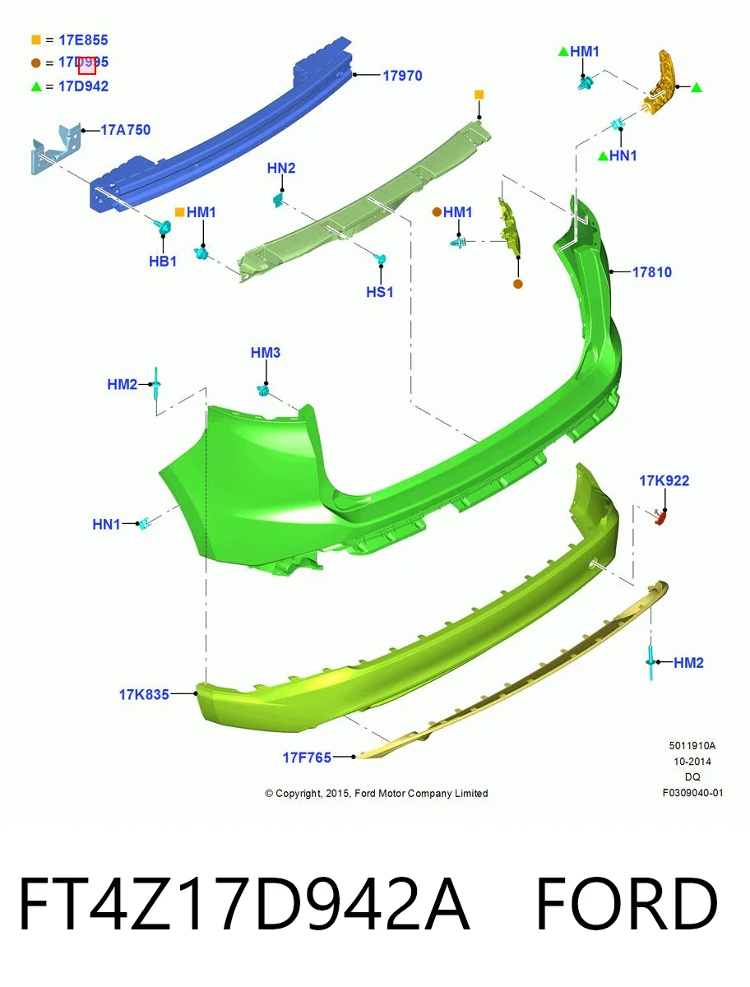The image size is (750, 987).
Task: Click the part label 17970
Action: point(402,76)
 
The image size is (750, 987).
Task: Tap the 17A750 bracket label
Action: point(125,130)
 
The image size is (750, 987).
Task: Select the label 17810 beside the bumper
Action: point(651,272)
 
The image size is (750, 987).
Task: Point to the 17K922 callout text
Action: point(664,480)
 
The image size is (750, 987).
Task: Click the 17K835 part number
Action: point(144,694)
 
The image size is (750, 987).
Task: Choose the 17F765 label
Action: point(307,758)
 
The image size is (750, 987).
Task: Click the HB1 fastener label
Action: point(163,262)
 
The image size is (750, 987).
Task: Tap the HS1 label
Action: point(380,292)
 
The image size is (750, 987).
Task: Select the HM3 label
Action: point(266,353)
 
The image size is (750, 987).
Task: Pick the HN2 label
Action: point(281,168)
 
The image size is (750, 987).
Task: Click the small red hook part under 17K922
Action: point(660,517)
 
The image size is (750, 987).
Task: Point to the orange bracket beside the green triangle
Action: point(659,83)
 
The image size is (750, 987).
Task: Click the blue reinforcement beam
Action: point(220,123)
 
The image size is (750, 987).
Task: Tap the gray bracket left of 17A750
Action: point(56,148)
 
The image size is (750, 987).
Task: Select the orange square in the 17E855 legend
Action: point(36,40)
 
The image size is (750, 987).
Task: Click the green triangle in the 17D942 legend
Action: point(36,86)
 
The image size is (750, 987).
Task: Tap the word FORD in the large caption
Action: point(627,904)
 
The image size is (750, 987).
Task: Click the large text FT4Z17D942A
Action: point(243,904)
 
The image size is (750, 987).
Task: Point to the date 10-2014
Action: point(692,762)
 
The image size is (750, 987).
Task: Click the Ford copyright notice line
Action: point(377,793)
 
